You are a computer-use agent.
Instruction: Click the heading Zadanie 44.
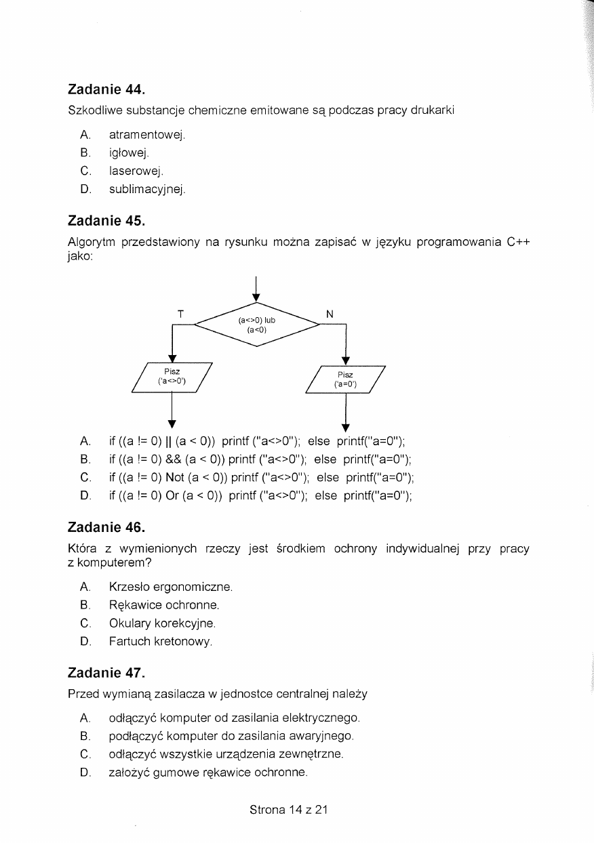[x=106, y=89]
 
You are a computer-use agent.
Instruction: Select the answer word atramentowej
[x=146, y=135]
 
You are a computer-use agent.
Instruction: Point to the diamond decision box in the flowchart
[x=257, y=325]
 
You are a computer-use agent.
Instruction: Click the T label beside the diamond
[x=180, y=314]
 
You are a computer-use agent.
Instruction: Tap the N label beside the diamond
[x=330, y=314]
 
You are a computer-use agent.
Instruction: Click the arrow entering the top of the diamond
[x=257, y=288]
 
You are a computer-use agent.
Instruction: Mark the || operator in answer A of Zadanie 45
[x=165, y=442]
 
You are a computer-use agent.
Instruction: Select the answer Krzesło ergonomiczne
[x=171, y=586]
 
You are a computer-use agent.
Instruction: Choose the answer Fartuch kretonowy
[x=161, y=640]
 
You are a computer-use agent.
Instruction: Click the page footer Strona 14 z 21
[x=289, y=809]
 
